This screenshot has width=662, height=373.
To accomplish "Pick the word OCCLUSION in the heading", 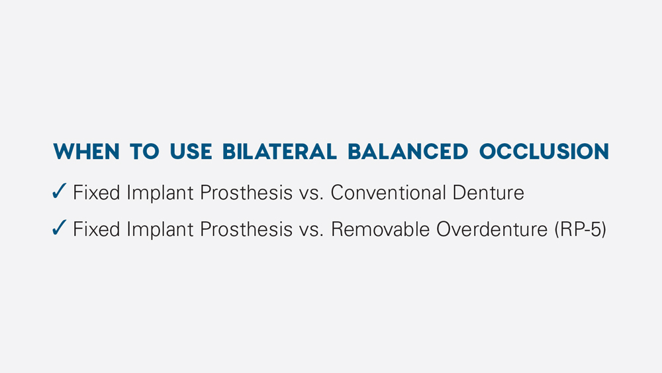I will click(544, 151).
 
